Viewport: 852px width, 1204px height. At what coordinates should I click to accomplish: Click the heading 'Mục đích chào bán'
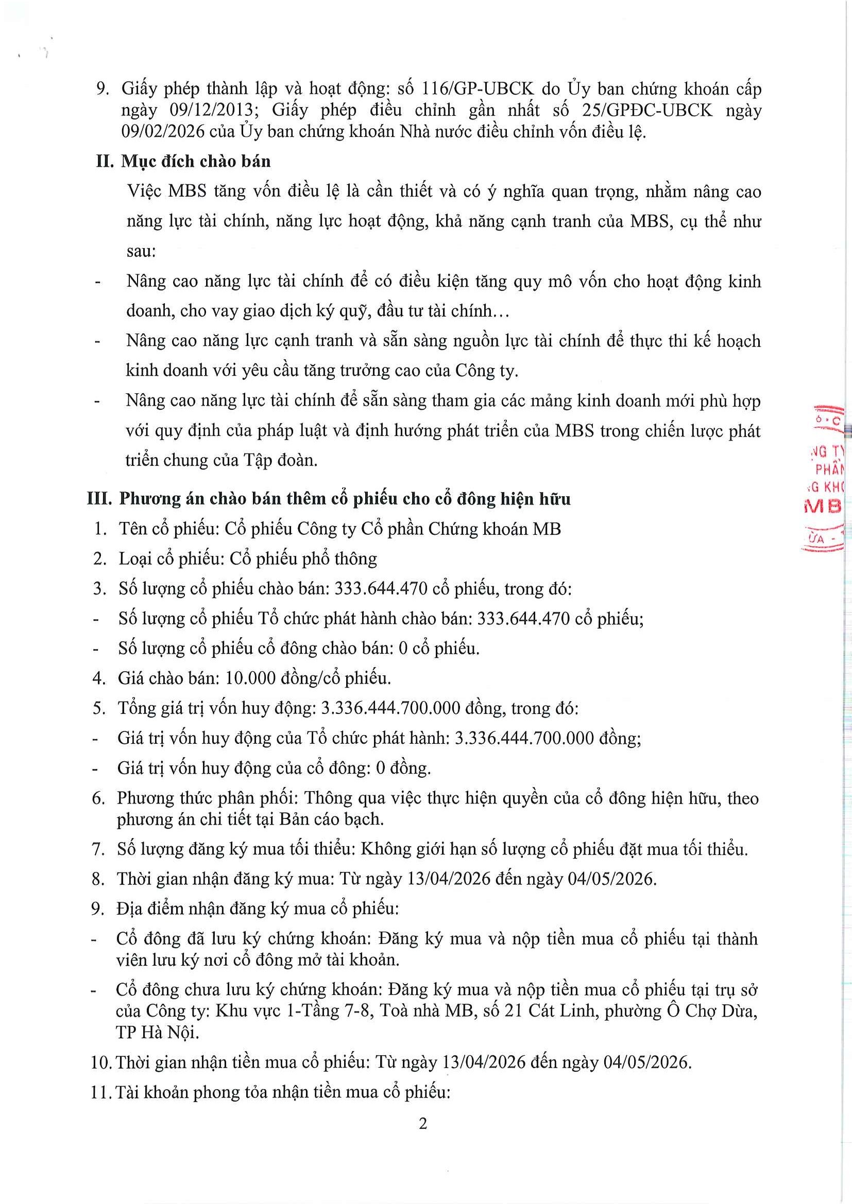(x=196, y=161)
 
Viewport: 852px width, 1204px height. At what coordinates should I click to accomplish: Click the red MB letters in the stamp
(x=823, y=506)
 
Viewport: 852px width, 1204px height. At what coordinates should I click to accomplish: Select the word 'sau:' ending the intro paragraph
(x=141, y=252)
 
